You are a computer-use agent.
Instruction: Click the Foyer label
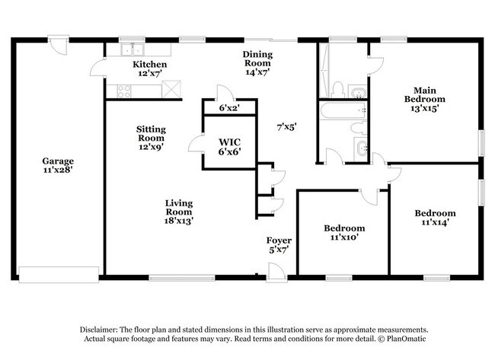(x=276, y=244)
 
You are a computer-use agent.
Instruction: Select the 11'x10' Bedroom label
(x=344, y=233)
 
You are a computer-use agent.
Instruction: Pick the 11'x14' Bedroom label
(x=435, y=218)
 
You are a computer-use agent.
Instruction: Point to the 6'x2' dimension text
(x=229, y=109)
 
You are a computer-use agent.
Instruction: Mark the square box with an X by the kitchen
(x=173, y=89)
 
